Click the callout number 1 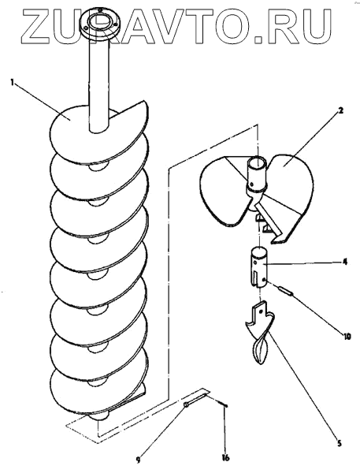pos(12,82)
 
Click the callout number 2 pos(341,110)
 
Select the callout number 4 pos(344,262)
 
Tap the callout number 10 pos(347,336)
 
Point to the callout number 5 pos(339,443)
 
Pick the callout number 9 pos(139,460)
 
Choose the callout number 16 pos(225,457)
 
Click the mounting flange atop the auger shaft pos(99,23)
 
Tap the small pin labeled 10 pos(287,292)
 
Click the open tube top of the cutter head pos(258,163)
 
